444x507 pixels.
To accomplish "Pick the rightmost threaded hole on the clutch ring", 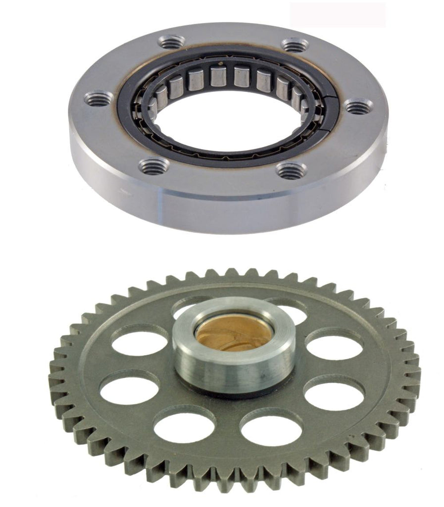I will (358, 106).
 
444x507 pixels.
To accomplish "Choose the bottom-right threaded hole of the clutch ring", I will (291, 171).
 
